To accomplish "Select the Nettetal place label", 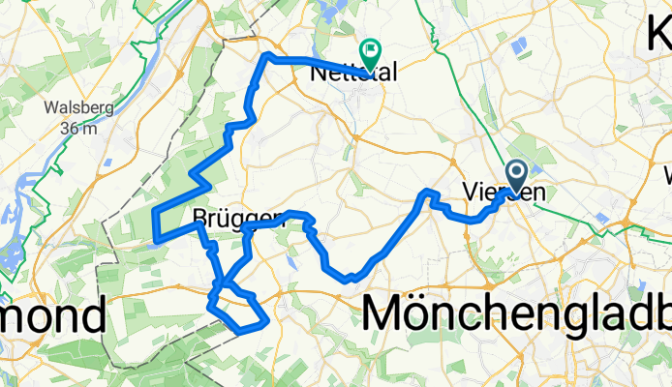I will click(346, 72).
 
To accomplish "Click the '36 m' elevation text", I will click(74, 127).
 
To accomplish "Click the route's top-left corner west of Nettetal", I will click(267, 57).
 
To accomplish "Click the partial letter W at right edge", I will click(666, 176).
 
